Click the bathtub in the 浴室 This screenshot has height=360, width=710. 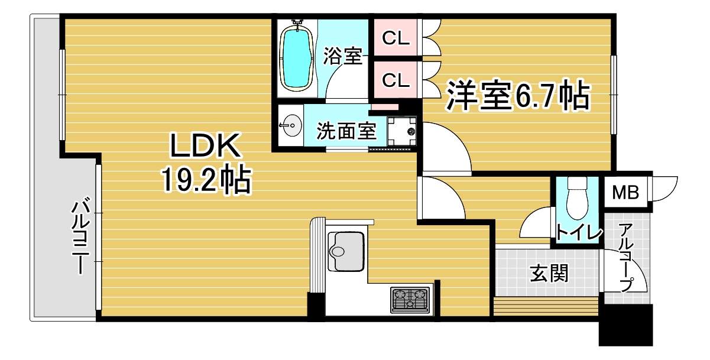[297, 58]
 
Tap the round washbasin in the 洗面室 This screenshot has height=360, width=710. [291, 125]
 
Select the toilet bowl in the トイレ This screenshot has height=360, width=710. [577, 199]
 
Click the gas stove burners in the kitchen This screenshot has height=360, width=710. [410, 300]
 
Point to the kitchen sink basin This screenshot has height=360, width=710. [345, 251]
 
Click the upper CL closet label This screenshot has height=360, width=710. [395, 38]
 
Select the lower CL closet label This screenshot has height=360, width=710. [395, 80]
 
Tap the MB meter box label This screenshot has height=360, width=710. [625, 192]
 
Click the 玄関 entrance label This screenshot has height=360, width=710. [549, 273]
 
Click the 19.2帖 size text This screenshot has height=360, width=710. [207, 179]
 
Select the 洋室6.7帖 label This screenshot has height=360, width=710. [518, 95]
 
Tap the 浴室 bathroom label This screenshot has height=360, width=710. [343, 56]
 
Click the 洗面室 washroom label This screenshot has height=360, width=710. [346, 131]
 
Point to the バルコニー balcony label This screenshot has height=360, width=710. [80, 235]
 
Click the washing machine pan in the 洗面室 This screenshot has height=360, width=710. [401, 131]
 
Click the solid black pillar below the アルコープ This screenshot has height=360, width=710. [625, 325]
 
